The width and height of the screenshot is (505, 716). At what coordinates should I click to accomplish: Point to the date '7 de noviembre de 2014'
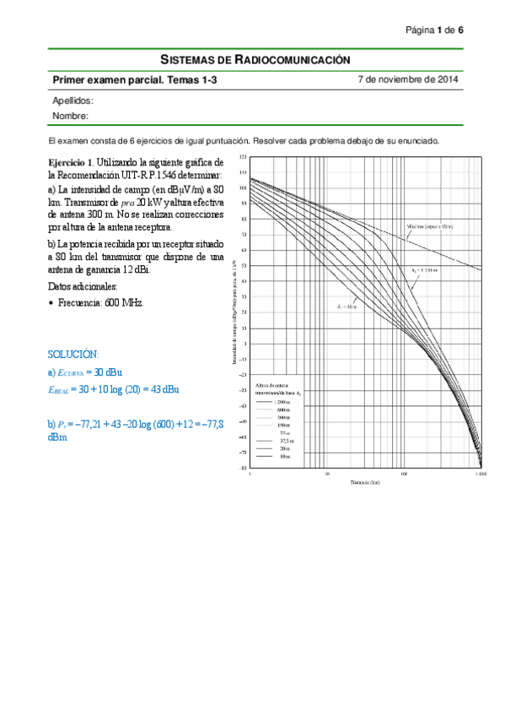tap(408, 80)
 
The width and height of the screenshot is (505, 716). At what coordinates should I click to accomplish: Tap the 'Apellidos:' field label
tap(73, 100)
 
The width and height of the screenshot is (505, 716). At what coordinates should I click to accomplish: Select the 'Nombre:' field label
tap(70, 116)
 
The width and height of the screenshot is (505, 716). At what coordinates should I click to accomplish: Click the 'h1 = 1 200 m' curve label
tap(427, 269)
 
